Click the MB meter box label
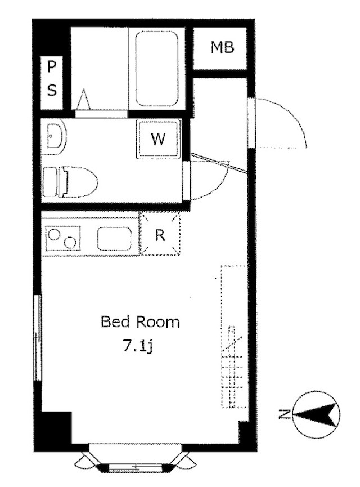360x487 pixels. click(222, 47)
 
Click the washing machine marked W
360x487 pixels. click(158, 139)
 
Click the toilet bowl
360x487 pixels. click(80, 181)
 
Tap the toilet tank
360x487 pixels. click(51, 182)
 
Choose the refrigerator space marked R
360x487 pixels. click(160, 234)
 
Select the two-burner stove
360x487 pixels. click(64, 238)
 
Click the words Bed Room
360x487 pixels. click(140, 322)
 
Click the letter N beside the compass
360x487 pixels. click(284, 414)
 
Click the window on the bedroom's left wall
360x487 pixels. click(38, 337)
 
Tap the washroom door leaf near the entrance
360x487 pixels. click(219, 163)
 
